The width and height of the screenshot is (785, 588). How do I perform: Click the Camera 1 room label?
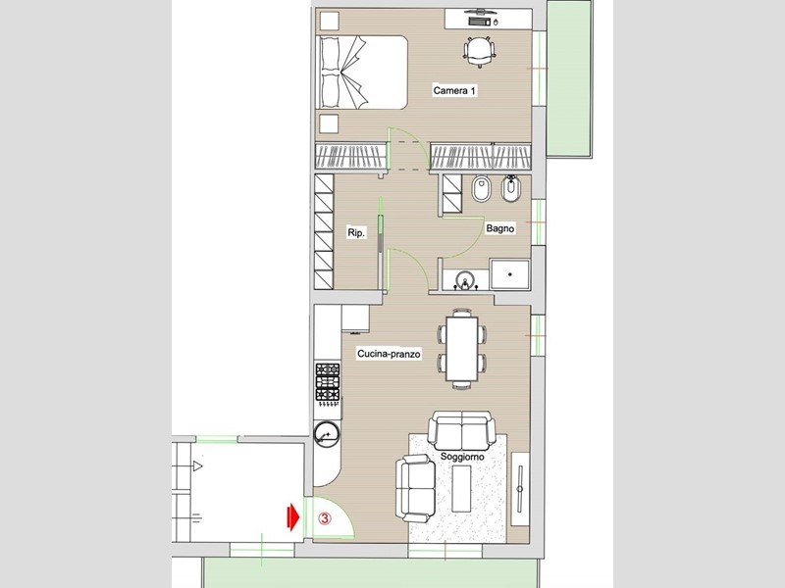pos(454,90)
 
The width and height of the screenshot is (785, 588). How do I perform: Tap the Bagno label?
pos(500,228)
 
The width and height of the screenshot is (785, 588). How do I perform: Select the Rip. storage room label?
pos(356,232)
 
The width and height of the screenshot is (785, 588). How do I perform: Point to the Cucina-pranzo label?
pos(389,354)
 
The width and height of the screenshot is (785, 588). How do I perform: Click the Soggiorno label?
pos(462,457)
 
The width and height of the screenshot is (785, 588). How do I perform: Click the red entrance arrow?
pos(292,516)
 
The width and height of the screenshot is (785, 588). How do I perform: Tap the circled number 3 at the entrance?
pos(325,518)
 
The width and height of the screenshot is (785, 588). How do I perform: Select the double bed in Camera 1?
pos(363,72)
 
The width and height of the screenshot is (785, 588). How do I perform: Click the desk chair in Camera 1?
pos(480,52)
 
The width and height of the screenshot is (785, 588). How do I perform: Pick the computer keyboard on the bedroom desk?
pos(480,22)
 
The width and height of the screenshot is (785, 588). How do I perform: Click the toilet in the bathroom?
pos(481,188)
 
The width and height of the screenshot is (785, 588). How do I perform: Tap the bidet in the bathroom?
pos(511,188)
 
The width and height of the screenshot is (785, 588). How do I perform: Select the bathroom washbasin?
pos(465,280)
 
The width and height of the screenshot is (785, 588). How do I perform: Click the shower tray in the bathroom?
pos(509,274)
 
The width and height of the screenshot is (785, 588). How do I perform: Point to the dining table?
pos(461,349)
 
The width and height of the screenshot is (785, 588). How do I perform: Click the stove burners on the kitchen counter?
pos(328,382)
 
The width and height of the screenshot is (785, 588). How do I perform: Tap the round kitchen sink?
pos(328,434)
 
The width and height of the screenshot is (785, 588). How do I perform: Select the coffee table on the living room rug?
pos(461,488)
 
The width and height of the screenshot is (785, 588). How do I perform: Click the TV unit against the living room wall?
pos(520,488)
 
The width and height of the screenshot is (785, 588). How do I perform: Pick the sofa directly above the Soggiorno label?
pos(461,431)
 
